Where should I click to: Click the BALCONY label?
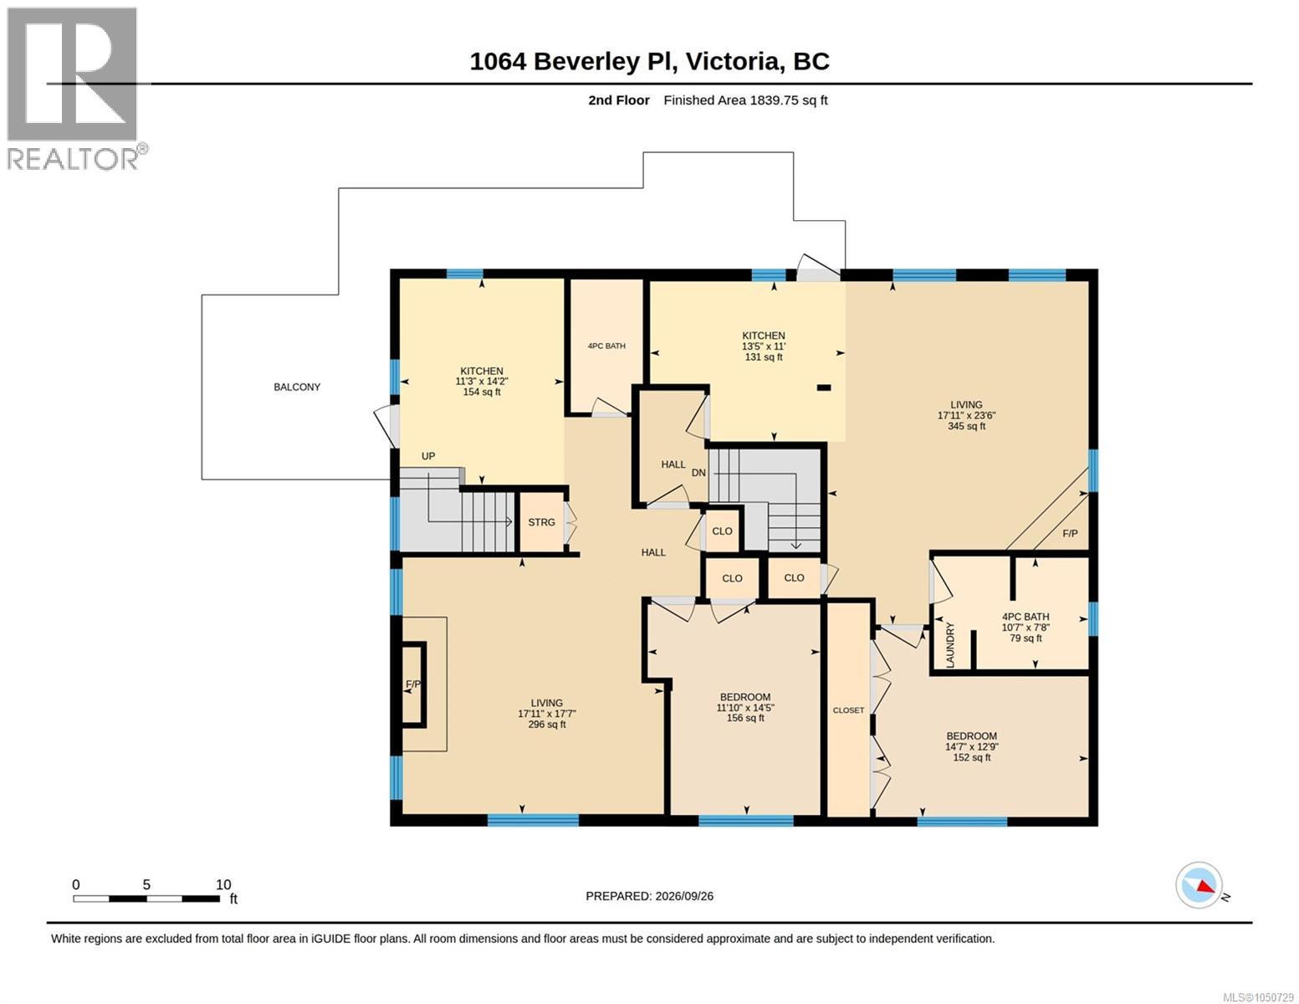point(296,387)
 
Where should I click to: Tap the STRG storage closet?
point(541,522)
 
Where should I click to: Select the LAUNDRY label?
point(950,644)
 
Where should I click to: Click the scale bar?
point(146,899)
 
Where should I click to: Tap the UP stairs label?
point(428,456)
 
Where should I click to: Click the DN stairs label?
point(698,473)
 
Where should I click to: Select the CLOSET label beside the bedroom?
point(848,709)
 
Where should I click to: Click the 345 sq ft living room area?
point(966,426)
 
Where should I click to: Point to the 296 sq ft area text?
point(546,725)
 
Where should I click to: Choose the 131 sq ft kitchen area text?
point(764,357)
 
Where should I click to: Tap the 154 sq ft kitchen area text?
point(481,392)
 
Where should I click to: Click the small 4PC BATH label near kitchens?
point(606,346)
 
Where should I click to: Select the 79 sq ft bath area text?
point(1025,638)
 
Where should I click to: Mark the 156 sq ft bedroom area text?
point(744,718)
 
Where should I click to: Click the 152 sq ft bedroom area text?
point(971,757)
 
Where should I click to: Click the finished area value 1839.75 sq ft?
point(787,100)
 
